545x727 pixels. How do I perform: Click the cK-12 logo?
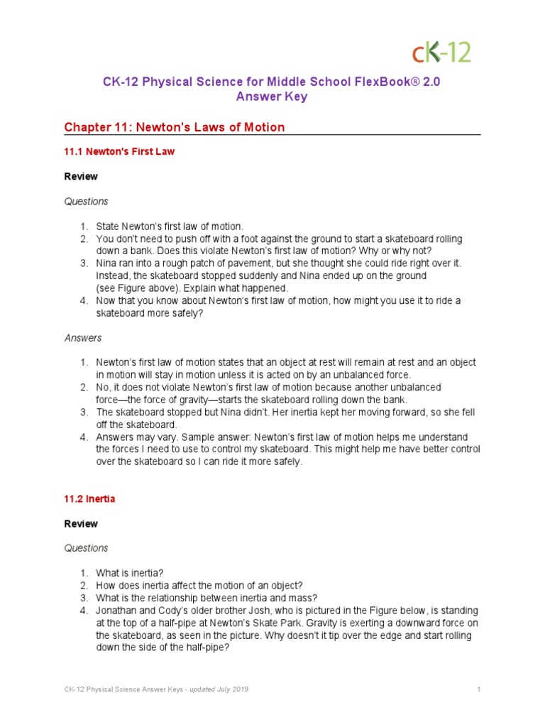pos(441,52)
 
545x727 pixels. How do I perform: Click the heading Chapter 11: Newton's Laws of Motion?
pos(174,127)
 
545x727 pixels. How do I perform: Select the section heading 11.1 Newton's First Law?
pos(119,151)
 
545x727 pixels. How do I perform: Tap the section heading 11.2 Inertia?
pos(89,498)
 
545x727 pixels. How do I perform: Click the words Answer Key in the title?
pos(272,97)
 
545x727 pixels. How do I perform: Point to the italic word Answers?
pos(83,338)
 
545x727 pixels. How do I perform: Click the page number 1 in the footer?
pos(480,689)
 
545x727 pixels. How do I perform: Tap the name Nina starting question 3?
pos(108,263)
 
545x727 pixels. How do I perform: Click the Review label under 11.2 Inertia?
pos(81,523)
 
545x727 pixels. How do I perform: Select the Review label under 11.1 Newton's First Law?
pos(81,176)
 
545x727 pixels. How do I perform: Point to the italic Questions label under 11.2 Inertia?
pos(86,548)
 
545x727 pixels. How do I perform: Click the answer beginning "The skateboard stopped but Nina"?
pos(213,412)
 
